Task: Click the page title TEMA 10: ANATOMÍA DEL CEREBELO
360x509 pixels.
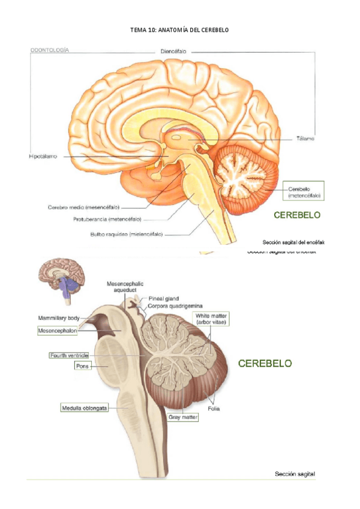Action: click(179, 29)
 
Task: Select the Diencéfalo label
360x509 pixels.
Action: click(174, 52)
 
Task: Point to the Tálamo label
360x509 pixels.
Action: click(305, 138)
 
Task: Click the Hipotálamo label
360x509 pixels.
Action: click(43, 157)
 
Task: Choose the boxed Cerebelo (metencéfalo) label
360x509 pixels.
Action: click(304, 191)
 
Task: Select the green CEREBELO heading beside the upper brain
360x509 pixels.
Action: click(296, 214)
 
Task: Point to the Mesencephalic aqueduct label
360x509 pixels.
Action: click(124, 286)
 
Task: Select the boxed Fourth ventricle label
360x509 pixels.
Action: click(69, 355)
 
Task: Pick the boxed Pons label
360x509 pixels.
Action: click(83, 365)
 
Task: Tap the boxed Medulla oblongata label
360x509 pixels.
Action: click(84, 408)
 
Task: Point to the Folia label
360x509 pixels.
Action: click(214, 409)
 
